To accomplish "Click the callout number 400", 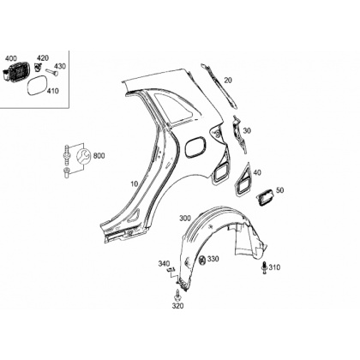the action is (11, 58).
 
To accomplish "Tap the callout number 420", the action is (43, 58).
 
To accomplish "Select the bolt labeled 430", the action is (51, 72).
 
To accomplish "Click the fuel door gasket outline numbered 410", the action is (38, 85).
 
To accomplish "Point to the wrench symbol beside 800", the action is (84, 156).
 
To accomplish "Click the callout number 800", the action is (99, 156).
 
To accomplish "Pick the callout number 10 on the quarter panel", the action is (135, 184).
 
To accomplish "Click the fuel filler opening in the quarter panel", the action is (196, 147).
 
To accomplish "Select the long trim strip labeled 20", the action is (219, 86).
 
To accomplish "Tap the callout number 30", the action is (247, 130).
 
